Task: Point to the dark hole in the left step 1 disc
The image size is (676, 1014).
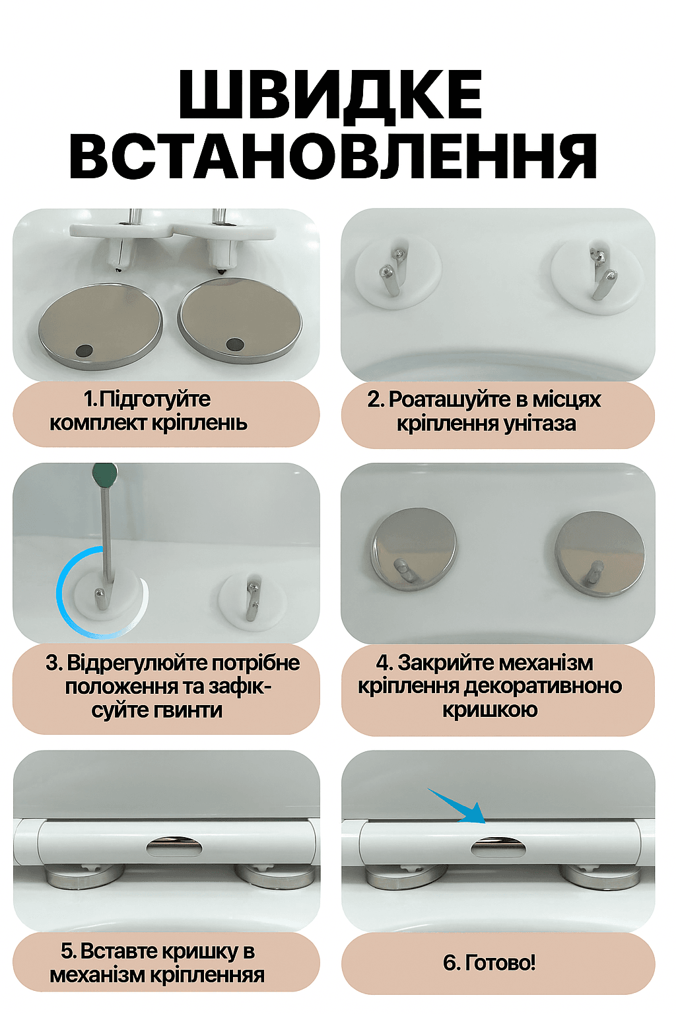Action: (x=84, y=350)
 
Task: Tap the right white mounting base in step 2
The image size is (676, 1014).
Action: (x=597, y=277)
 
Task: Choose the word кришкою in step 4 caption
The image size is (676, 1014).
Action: (x=490, y=709)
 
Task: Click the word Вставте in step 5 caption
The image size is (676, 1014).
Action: (x=119, y=951)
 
